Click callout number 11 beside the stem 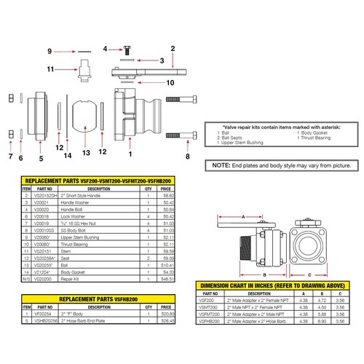click(x=52, y=69)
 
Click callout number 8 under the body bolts click(x=187, y=155)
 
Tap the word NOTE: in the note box click(x=222, y=166)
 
